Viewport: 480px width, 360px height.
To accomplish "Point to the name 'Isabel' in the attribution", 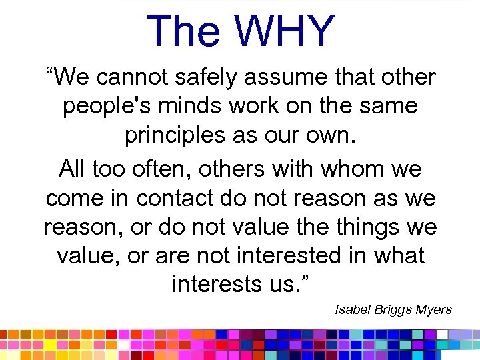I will point(351,310).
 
